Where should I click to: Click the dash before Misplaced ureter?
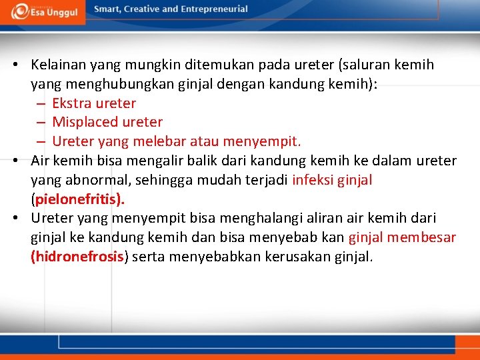click(41, 123)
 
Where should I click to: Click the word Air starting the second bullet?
click(41, 161)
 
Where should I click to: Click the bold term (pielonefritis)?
click(78, 199)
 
